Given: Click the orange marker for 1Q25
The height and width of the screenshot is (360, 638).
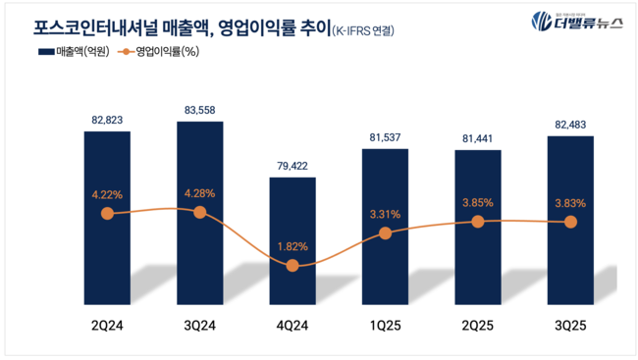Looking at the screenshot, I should pos(385,233).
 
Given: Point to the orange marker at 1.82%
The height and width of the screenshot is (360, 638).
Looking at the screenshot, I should pos(292,266).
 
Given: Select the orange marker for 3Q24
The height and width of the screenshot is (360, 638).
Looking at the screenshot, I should pos(200,212).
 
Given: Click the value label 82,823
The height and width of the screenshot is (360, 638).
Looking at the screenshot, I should pos(107,118).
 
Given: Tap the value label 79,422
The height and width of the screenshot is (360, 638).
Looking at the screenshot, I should pos(292,164).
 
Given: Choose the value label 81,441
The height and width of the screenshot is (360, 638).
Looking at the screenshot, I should pos(478,137).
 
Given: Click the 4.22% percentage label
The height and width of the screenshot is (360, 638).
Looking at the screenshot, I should pos(107,193).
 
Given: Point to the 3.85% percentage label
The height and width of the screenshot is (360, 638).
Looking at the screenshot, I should pos(478,202).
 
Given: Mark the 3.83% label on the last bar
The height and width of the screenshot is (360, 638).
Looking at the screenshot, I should pos(570,203).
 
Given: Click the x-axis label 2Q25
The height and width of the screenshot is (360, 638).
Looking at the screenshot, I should pos(478,323).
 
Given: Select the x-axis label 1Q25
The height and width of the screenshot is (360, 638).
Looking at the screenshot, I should pos(385,323).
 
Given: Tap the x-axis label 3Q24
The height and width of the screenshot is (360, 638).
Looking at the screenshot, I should pos(200,323).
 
